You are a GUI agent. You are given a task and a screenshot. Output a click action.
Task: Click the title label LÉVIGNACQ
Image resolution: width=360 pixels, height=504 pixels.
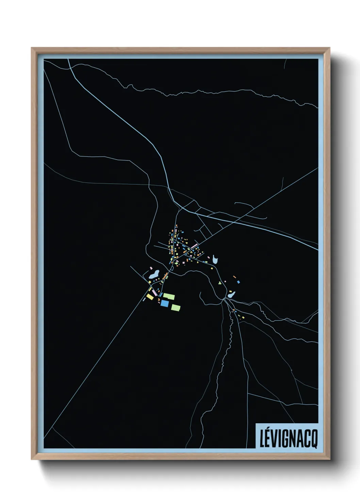[x=289, y=439]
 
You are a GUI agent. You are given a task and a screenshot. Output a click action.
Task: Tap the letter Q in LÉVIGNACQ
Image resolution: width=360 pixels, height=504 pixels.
[x=313, y=440]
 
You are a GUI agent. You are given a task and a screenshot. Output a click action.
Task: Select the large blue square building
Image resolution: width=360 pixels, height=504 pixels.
[x=165, y=303]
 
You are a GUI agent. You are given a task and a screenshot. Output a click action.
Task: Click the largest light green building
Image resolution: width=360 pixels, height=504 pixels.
[x=169, y=296]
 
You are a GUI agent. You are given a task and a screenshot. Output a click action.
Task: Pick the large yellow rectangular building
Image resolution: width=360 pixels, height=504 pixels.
[x=150, y=297]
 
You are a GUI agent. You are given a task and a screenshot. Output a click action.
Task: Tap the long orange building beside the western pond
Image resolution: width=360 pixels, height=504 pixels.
[x=165, y=275]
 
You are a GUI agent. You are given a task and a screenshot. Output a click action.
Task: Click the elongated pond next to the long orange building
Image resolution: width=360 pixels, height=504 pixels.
[x=155, y=273]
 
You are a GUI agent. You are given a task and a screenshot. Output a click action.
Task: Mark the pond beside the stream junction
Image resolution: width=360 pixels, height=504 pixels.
[x=231, y=295]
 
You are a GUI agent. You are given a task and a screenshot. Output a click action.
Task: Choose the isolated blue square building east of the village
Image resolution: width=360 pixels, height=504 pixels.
[x=238, y=282]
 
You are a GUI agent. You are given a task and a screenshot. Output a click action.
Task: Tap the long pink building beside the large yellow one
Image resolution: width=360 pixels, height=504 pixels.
[x=153, y=292]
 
